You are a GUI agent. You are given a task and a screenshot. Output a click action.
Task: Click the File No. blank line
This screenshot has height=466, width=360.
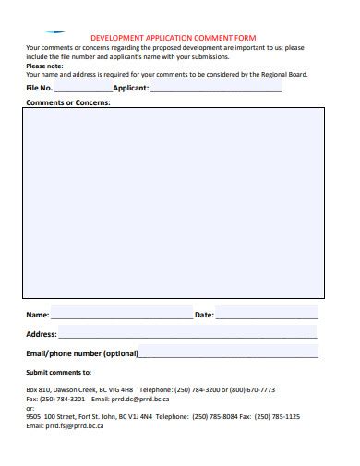click(83, 90)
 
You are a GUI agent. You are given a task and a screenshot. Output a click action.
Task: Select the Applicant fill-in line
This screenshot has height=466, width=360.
click(215, 90)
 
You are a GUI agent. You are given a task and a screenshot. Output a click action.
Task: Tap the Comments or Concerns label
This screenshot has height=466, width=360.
click(68, 102)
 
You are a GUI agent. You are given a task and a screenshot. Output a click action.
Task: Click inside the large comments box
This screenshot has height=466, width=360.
click(174, 203)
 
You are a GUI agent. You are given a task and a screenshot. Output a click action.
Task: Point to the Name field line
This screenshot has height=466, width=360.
click(121, 316)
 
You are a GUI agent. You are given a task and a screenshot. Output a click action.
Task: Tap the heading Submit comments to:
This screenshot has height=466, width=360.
click(58, 373)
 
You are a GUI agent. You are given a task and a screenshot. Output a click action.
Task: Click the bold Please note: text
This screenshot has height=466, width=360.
click(44, 66)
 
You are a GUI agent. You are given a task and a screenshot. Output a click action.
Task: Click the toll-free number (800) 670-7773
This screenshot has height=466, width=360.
click(254, 390)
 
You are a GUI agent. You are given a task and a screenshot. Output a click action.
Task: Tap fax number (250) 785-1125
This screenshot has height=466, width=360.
click(279, 417)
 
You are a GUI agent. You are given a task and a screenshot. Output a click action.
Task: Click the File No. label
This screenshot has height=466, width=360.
click(40, 89)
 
